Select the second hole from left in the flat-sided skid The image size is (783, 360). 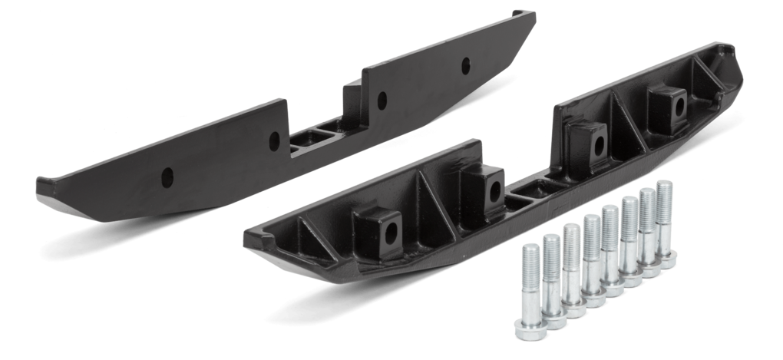point(275,140)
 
